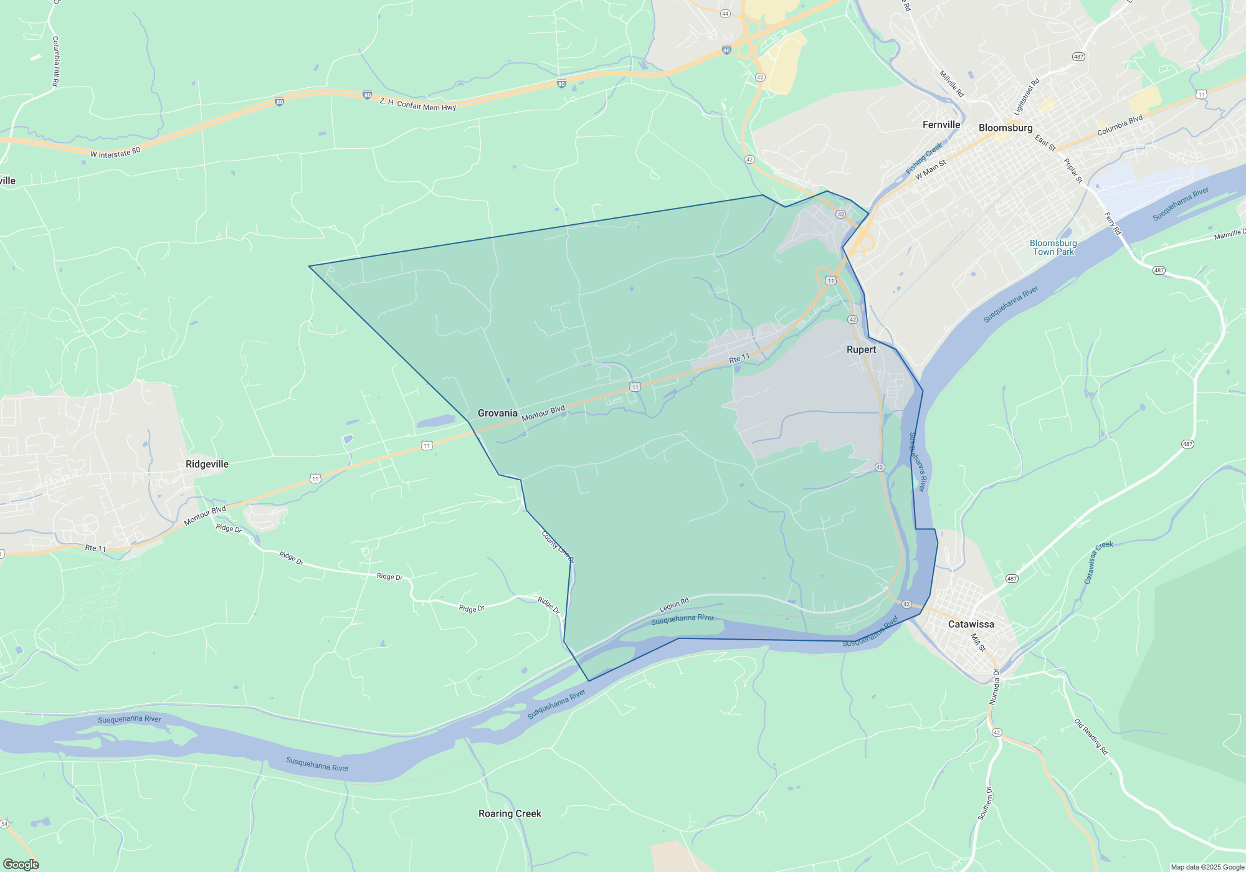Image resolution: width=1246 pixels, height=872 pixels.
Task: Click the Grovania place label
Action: pos(497,413)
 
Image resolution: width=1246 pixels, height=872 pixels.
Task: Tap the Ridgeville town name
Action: pos(207,464)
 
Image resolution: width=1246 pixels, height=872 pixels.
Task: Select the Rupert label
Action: pos(861,349)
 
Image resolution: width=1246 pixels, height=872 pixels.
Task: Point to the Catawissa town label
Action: pos(971,624)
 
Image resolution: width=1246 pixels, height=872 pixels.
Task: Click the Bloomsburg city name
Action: pos(1005,128)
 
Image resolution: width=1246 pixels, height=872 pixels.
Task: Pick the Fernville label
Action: pos(941,125)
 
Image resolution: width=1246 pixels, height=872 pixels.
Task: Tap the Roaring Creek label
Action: pos(510,813)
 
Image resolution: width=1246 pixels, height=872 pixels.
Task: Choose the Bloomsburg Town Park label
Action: pos(1053,247)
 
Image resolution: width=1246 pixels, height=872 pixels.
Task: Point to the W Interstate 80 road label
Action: pos(115,153)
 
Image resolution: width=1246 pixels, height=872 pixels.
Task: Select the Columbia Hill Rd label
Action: pos(55,61)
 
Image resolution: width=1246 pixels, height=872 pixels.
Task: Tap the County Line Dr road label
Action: pos(557,547)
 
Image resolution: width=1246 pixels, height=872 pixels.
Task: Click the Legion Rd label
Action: pos(674,605)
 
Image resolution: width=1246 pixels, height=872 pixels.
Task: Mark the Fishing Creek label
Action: pos(924,159)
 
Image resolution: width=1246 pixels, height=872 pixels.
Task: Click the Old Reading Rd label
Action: pos(1091,737)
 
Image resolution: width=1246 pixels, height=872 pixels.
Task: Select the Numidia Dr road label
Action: pos(996,687)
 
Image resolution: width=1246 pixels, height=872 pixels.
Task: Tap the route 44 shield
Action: pos(725,14)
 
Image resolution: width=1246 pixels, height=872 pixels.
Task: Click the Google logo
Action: pos(21,865)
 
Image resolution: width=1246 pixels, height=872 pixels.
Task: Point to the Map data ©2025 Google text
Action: pos(1207,867)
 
